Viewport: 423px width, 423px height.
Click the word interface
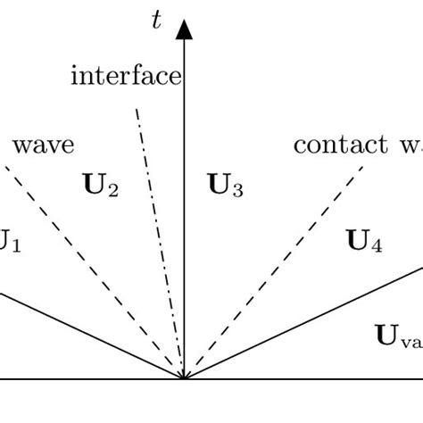(x=125, y=77)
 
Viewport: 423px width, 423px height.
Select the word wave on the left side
(x=44, y=145)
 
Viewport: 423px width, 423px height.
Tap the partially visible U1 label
(x=9, y=241)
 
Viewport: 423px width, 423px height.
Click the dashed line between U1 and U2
(x=89, y=268)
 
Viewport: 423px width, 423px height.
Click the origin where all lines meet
(x=184, y=379)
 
